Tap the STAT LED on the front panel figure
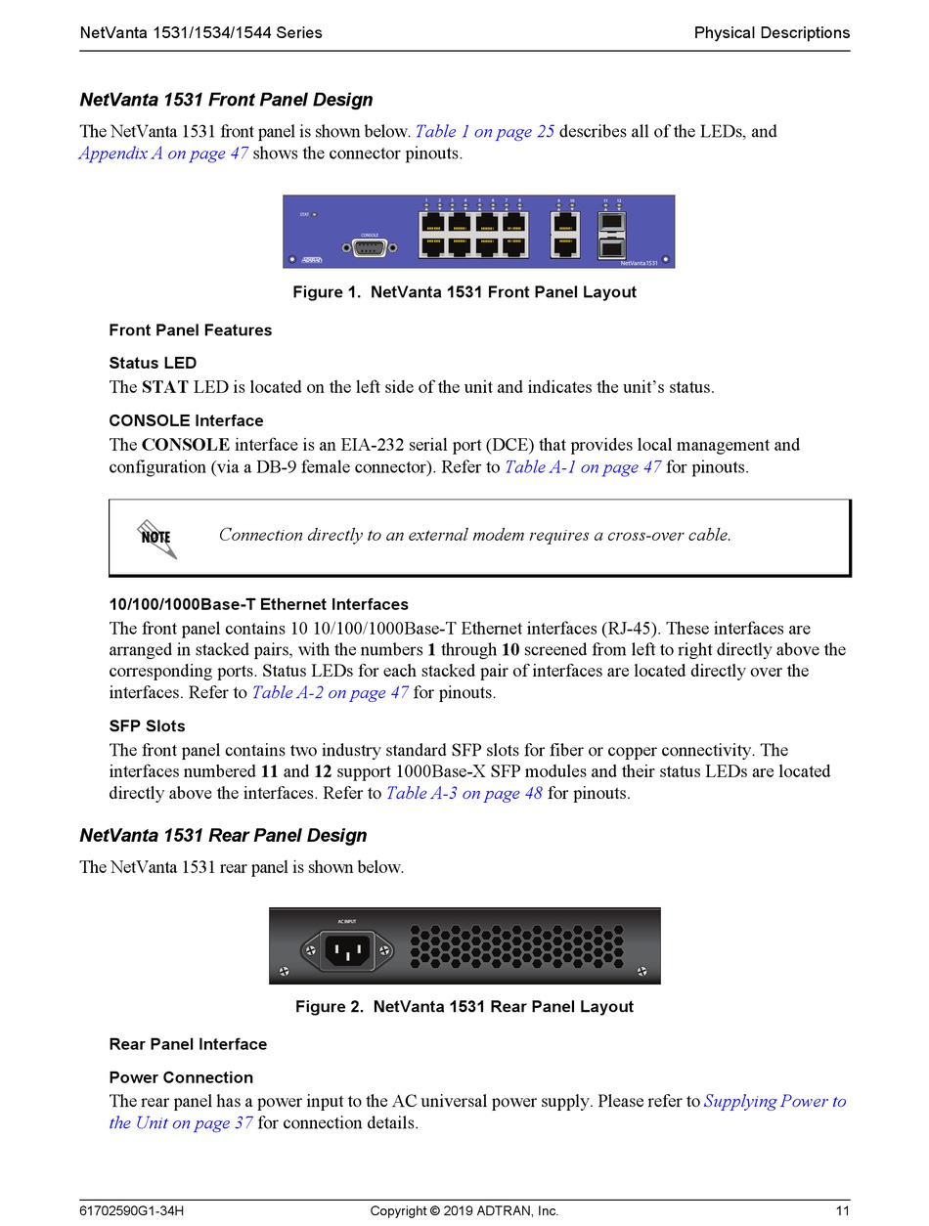click(x=314, y=214)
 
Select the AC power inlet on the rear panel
click(x=347, y=949)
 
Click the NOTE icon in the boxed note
click(x=156, y=538)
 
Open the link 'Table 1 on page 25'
click(x=485, y=132)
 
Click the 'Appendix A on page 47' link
click(x=164, y=154)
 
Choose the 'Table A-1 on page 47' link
click(x=583, y=467)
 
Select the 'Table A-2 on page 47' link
click(x=331, y=693)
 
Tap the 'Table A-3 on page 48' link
click(x=464, y=794)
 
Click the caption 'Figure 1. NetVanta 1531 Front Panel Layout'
click(x=464, y=292)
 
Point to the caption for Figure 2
click(x=464, y=1007)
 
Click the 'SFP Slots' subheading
click(x=147, y=726)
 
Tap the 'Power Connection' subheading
click(x=181, y=1078)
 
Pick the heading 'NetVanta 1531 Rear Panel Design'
click(x=223, y=836)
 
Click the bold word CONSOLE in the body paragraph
click(x=186, y=446)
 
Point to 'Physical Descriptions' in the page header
click(x=772, y=33)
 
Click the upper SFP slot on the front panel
click(x=610, y=224)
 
